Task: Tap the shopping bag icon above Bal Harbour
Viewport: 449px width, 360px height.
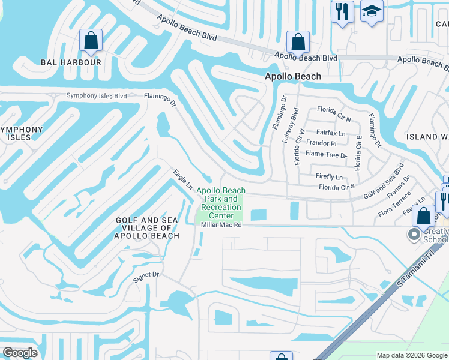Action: point(91,41)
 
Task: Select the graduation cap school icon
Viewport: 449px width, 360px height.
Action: point(372,12)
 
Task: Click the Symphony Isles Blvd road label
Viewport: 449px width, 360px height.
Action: point(97,95)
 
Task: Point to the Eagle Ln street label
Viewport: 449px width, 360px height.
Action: point(182,179)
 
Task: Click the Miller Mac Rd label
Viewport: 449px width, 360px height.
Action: point(221,225)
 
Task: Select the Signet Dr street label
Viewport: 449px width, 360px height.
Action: point(146,274)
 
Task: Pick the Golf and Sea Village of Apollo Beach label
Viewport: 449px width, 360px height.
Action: point(148,228)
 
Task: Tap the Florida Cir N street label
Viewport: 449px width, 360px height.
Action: point(334,110)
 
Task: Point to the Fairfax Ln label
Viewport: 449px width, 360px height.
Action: point(331,133)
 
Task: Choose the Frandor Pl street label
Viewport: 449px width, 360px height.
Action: point(321,143)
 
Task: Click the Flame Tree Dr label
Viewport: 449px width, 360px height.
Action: point(326,154)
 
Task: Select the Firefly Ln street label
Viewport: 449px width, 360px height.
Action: point(330,177)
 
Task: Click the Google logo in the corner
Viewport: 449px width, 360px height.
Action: point(20,353)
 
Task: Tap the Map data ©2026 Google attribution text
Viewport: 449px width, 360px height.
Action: point(411,355)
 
